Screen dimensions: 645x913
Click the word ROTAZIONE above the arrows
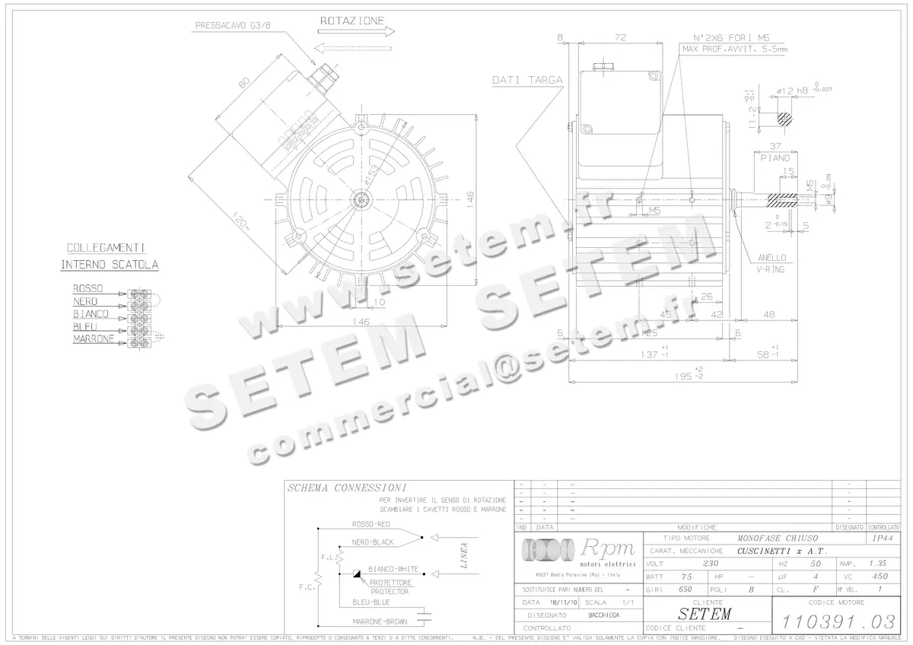point(352,21)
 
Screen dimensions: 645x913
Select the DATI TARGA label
point(526,79)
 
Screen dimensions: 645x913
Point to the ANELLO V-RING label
point(771,263)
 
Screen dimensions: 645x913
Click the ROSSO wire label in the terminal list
point(87,289)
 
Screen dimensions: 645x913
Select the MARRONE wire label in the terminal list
point(94,338)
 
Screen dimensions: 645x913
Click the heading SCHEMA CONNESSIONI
point(346,488)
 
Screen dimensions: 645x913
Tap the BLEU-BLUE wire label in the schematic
point(371,602)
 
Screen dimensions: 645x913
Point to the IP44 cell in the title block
point(883,537)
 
